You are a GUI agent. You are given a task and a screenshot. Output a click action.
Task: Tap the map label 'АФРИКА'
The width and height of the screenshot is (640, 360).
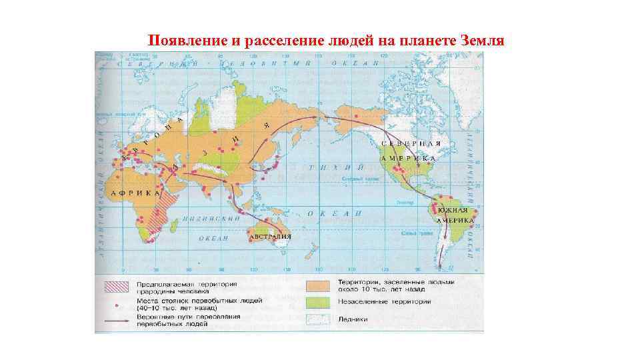[x=136, y=193]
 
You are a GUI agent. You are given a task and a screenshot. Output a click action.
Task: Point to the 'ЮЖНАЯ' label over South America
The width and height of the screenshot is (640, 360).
[x=453, y=211]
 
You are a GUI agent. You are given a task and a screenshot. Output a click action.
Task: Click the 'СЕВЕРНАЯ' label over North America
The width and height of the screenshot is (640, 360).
[x=412, y=144]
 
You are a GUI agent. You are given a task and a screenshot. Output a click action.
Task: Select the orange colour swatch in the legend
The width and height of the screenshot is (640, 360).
[x=319, y=285]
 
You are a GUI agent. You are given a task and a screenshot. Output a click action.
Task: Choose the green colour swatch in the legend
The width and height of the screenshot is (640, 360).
[x=319, y=302]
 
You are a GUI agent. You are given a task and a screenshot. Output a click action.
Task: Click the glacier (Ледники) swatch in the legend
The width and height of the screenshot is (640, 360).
[x=319, y=319]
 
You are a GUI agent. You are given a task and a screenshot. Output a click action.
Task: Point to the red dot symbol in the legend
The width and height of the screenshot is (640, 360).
[x=117, y=305]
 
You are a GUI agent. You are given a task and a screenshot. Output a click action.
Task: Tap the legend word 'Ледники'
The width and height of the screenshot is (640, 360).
[x=353, y=319]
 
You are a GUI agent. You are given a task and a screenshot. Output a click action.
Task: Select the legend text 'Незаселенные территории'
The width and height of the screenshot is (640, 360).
[x=384, y=302]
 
